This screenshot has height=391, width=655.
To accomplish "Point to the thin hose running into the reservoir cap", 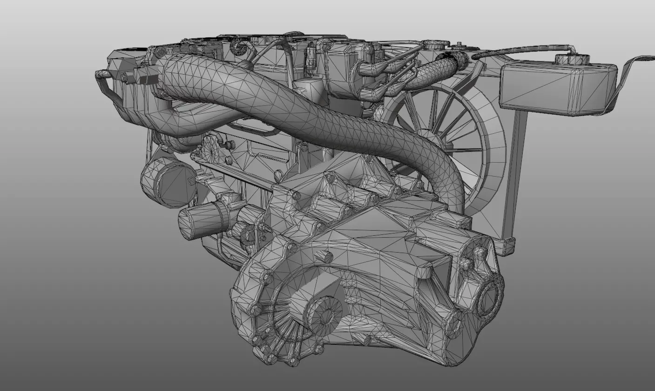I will (x=521, y=49).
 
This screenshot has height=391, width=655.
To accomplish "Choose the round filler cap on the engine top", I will (x=429, y=45).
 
